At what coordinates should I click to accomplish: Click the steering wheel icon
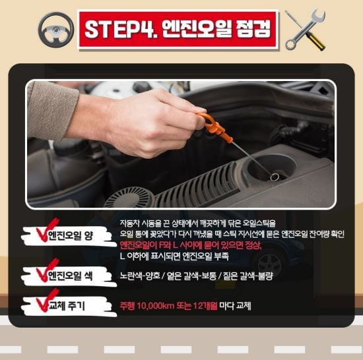(55, 29)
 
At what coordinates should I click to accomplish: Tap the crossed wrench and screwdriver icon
(304, 30)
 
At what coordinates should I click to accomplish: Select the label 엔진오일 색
(69, 276)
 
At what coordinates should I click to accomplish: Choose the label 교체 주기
(69, 306)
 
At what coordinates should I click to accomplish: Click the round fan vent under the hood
(129, 196)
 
